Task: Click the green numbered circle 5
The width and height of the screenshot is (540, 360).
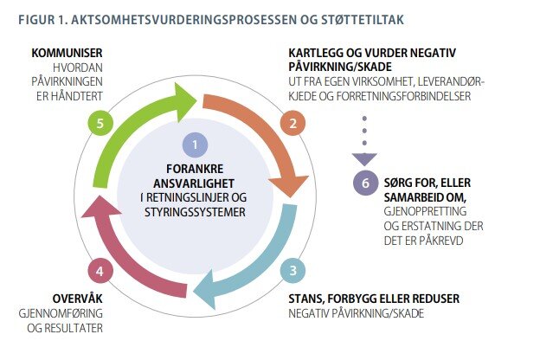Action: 100,124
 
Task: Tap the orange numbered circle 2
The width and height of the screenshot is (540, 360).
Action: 292,124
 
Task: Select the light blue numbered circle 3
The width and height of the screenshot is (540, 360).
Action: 292,270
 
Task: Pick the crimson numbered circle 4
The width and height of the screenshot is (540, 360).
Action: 100,271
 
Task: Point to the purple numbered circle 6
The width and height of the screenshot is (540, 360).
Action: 366,183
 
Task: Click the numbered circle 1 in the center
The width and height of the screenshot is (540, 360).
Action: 195,145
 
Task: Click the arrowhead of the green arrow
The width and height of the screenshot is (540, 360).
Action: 185,102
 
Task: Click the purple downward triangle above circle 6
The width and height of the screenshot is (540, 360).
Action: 364,159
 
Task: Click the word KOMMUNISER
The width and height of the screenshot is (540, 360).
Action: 67,53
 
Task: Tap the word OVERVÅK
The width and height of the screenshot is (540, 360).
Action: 78,298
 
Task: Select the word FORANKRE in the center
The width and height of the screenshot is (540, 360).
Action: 195,169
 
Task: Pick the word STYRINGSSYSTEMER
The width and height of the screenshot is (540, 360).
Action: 195,212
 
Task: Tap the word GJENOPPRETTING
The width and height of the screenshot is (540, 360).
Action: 425,211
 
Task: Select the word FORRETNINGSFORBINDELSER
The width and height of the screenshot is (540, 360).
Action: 403,96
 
